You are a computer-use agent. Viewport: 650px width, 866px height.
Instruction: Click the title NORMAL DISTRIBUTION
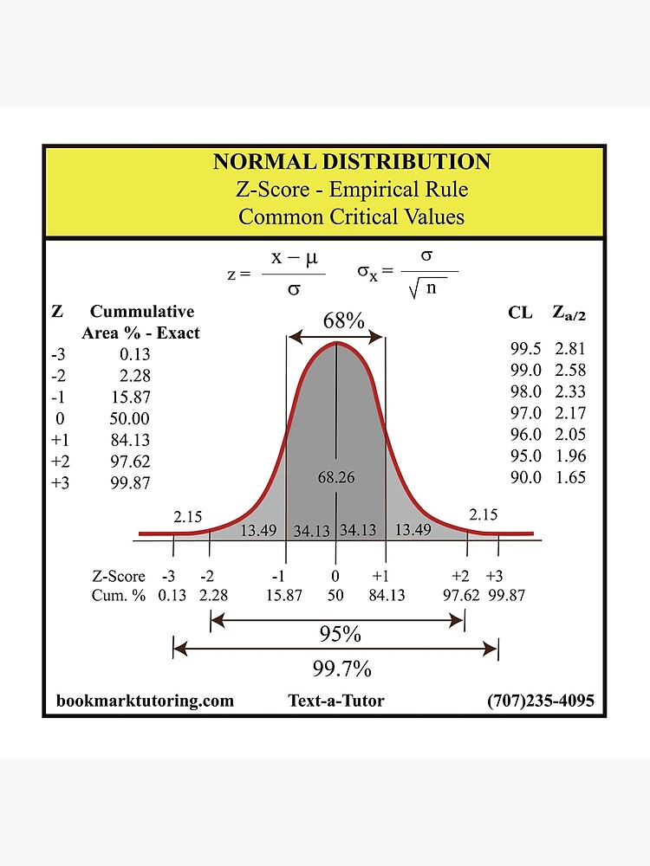coord(352,162)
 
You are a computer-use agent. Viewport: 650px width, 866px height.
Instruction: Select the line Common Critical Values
coord(352,216)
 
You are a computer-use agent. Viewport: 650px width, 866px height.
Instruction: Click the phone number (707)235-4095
coord(541,701)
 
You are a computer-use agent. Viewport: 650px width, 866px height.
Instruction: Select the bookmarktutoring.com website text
coord(145,701)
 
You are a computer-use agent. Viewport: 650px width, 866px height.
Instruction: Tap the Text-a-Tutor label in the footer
coord(336,701)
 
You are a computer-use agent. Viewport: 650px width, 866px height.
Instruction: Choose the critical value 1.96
coord(571,456)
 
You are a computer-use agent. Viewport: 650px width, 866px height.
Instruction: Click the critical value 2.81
coord(571,349)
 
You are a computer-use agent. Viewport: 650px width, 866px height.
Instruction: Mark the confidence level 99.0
coord(526,370)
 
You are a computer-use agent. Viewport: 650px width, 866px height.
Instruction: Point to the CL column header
coord(521,313)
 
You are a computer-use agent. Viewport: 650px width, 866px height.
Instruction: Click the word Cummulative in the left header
coord(142,312)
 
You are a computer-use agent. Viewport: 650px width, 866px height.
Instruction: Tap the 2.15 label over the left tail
coord(187,517)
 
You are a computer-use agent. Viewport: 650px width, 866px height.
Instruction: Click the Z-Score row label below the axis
coord(119,576)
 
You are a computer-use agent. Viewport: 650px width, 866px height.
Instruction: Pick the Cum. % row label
coord(118,595)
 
